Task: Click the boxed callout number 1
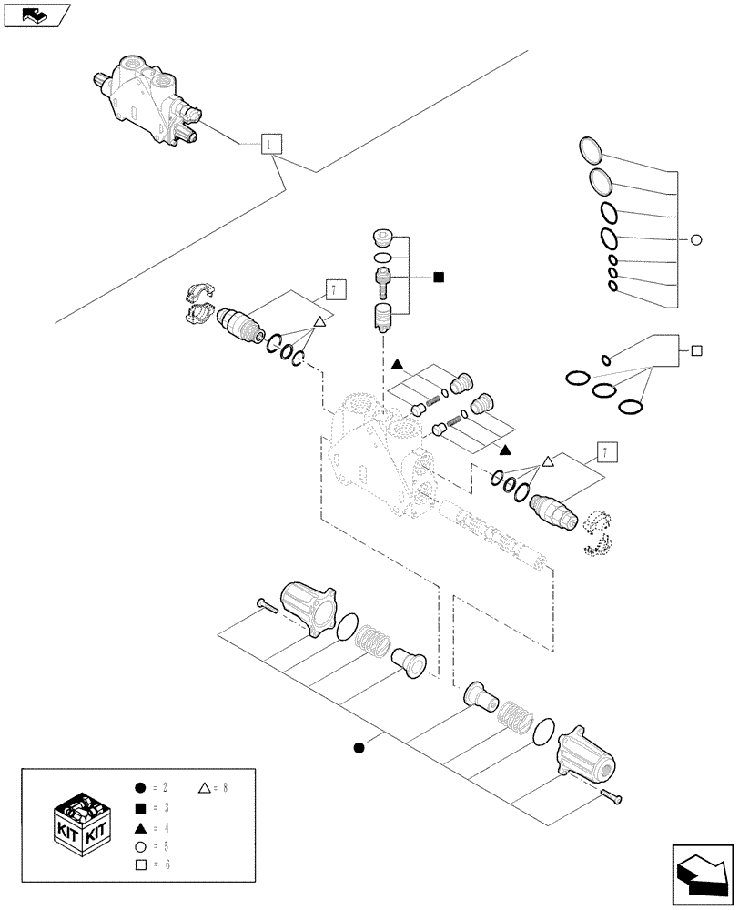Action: tap(271, 144)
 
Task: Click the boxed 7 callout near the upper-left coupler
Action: tap(334, 290)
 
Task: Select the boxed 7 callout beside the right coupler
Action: tap(602, 451)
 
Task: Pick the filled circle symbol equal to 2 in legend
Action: tap(139, 787)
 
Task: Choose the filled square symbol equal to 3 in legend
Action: tap(139, 807)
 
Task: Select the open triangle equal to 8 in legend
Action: tap(204, 787)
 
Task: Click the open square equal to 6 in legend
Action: tap(139, 863)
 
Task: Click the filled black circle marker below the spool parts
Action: tap(359, 748)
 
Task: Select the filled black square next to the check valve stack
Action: tap(439, 277)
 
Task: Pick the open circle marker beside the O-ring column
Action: tap(696, 240)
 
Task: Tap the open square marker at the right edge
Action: tap(696, 349)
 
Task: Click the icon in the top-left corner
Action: tap(36, 14)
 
